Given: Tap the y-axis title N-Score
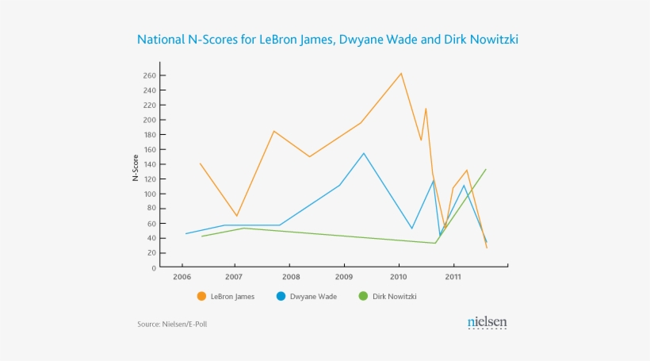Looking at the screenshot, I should click(x=136, y=169).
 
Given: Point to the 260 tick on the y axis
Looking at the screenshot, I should click(x=149, y=76).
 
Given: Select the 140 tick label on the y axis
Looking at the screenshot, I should click(x=149, y=164).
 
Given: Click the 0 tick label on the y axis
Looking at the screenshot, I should click(x=154, y=267).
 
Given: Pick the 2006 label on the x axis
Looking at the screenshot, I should click(x=182, y=278).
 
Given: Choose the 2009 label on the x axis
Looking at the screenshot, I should click(x=343, y=278).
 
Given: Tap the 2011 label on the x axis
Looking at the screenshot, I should click(x=453, y=278).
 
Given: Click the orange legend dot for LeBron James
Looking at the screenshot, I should click(x=201, y=297).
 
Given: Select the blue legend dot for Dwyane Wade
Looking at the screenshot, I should click(x=281, y=297).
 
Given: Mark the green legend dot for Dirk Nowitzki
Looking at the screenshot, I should click(x=363, y=297).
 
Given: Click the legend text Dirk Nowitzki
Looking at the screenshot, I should click(x=394, y=297).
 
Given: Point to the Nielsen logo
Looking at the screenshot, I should click(x=487, y=322).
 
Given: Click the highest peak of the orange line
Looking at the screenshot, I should click(x=401, y=73).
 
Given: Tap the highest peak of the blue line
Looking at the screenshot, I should click(x=364, y=153).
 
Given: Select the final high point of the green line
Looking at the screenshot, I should click(x=485, y=169).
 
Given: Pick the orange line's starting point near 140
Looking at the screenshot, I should click(x=200, y=163).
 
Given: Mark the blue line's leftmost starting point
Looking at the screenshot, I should click(x=185, y=233).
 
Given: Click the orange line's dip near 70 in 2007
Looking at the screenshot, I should click(x=236, y=216).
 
